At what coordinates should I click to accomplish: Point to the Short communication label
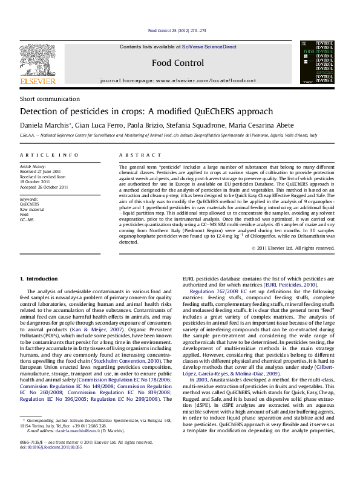pyautogui.click(x=44, y=99)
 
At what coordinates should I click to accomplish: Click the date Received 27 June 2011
pyautogui.click(x=41, y=171)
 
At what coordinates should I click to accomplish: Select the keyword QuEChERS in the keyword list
pyautogui.click(x=30, y=204)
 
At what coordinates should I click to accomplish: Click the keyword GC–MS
pyautogui.click(x=27, y=219)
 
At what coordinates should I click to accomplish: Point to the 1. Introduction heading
pyautogui.click(x=39, y=279)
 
